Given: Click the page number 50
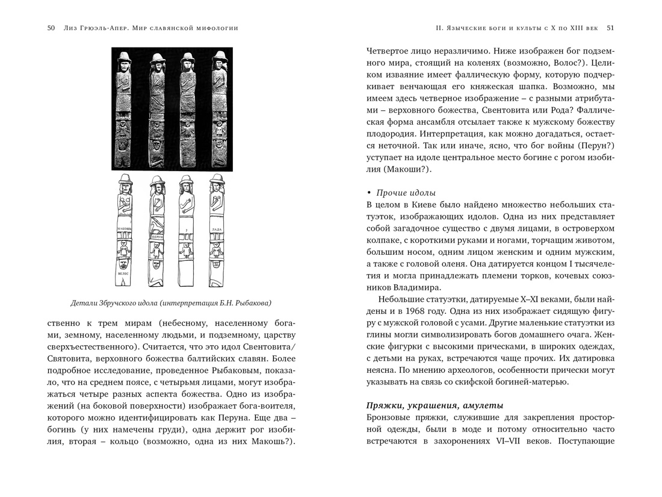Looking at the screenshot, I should (x=51, y=28).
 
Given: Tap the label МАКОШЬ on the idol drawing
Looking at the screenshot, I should (x=124, y=229).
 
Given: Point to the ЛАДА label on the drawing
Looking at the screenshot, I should (x=216, y=230).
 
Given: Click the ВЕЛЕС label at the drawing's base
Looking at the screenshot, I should (x=123, y=281).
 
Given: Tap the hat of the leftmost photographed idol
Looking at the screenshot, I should (x=125, y=58).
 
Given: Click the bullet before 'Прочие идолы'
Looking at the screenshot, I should (x=369, y=193).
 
